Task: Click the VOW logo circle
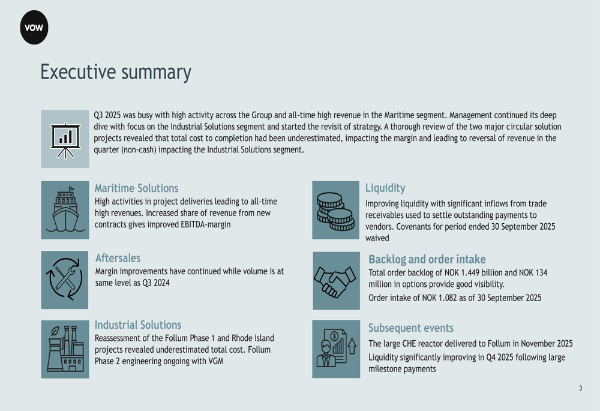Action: (x=34, y=28)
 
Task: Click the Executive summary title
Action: (x=116, y=72)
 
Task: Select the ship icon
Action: (x=65, y=210)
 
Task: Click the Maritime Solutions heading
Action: (x=137, y=188)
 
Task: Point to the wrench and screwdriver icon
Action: (x=64, y=278)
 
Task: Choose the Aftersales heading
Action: (x=118, y=258)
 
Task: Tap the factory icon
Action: (x=65, y=349)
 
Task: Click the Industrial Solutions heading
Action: (x=138, y=325)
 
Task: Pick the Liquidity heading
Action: (x=385, y=188)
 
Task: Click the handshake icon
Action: (x=335, y=281)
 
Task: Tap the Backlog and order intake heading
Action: (x=427, y=259)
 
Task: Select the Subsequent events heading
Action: (x=411, y=328)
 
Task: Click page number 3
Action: (x=580, y=388)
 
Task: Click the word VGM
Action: (x=216, y=361)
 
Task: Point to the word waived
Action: (x=377, y=238)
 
